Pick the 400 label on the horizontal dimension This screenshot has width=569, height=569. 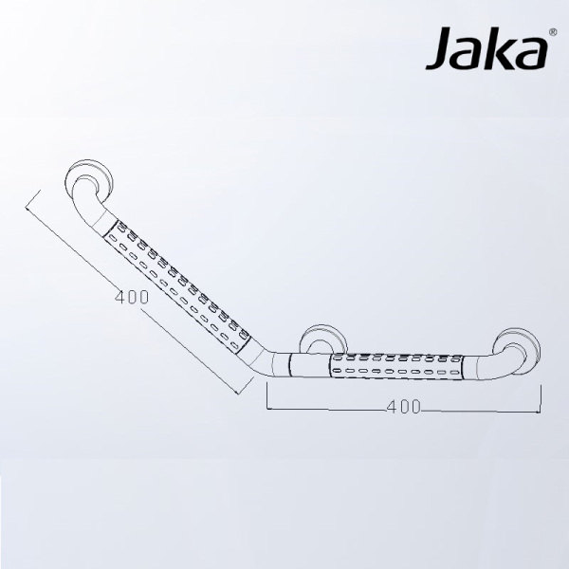(405, 407)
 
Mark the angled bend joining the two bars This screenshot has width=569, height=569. (275, 361)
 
